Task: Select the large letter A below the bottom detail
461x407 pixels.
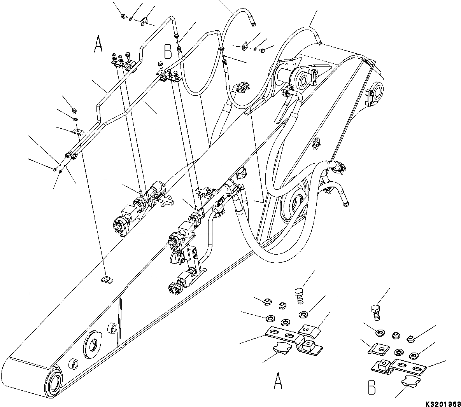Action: (278, 381)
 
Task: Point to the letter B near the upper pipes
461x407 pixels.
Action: (168, 51)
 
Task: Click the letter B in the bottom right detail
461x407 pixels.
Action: (372, 389)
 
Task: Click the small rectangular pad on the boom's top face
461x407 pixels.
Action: (106, 279)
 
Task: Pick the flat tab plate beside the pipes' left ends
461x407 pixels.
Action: (77, 131)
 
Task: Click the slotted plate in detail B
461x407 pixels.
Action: (408, 366)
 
